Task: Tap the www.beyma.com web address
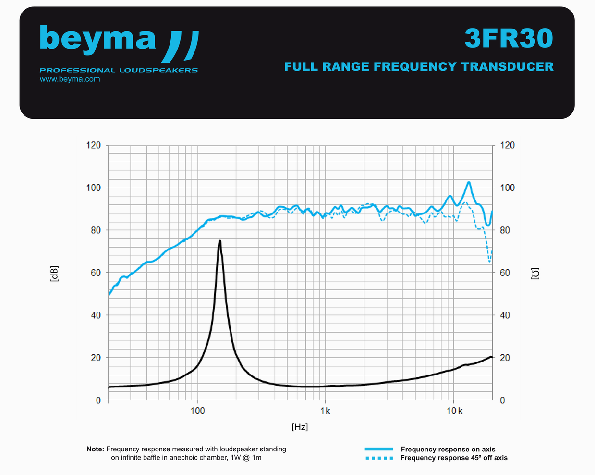tap(70, 79)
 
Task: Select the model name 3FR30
tap(509, 38)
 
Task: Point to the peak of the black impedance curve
tap(219, 241)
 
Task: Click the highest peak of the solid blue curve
tap(469, 182)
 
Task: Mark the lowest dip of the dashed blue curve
tap(489, 262)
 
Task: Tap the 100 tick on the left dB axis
tap(94, 187)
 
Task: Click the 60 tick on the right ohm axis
tap(505, 273)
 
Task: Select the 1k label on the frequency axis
tap(325, 411)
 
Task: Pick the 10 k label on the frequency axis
tap(454, 411)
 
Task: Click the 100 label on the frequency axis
tap(197, 411)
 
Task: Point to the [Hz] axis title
tap(300, 427)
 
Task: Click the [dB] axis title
tap(54, 273)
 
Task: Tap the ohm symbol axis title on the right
tap(535, 274)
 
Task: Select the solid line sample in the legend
tap(379, 449)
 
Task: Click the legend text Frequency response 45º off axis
tap(454, 458)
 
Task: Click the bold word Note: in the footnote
tap(95, 449)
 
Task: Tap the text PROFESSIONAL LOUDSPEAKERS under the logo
tap(119, 70)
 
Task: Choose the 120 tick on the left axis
tap(94, 145)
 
